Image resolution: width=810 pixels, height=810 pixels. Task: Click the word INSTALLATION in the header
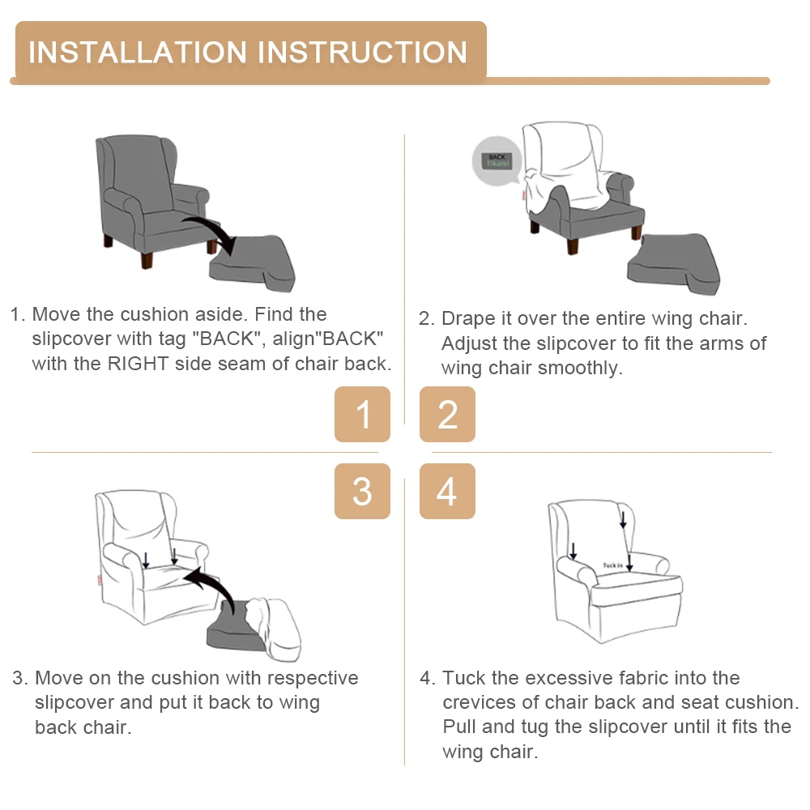pyautogui.click(x=138, y=52)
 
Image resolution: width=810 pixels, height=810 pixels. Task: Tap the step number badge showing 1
pyautogui.click(x=362, y=414)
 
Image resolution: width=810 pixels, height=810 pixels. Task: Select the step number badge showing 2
pyautogui.click(x=447, y=414)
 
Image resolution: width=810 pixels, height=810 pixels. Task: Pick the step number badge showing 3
pyautogui.click(x=362, y=492)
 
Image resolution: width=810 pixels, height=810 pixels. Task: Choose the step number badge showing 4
pyautogui.click(x=447, y=492)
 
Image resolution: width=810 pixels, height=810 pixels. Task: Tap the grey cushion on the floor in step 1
pyautogui.click(x=253, y=263)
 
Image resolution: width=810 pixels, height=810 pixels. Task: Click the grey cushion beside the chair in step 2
pyautogui.click(x=674, y=263)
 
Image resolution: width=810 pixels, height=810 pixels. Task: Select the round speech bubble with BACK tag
pyautogui.click(x=497, y=160)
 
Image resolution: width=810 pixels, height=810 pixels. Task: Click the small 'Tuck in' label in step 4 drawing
pyautogui.click(x=612, y=565)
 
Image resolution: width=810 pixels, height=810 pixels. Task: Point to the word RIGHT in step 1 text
pyautogui.click(x=138, y=364)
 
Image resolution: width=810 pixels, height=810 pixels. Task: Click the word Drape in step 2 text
pyautogui.click(x=468, y=318)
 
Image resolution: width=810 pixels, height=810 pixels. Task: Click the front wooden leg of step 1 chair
pyautogui.click(x=147, y=259)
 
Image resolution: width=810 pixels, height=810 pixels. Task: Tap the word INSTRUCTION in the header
pyautogui.click(x=362, y=52)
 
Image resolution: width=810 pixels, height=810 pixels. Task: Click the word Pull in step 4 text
pyautogui.click(x=459, y=727)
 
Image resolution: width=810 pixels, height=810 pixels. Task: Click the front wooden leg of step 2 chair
pyautogui.click(x=573, y=246)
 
